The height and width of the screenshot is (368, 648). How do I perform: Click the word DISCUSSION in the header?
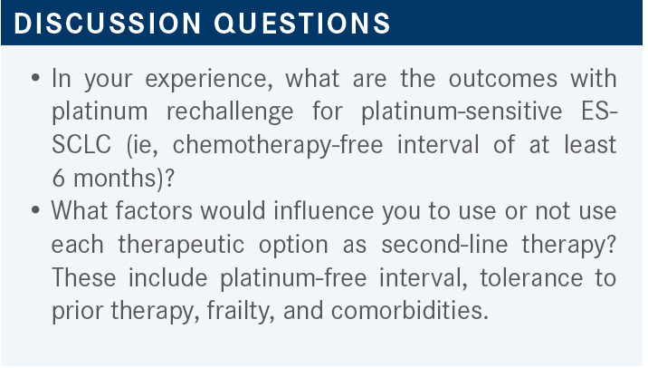[108, 23]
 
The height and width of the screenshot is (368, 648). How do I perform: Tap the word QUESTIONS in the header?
[302, 23]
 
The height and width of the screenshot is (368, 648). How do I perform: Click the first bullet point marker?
[35, 78]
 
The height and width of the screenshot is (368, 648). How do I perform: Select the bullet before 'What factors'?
[35, 210]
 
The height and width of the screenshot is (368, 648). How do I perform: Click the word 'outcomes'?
[503, 79]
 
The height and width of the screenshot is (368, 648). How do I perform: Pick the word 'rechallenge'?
[230, 111]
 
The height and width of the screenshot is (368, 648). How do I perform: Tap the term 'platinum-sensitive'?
[462, 111]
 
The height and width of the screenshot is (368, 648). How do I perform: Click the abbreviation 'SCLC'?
[81, 145]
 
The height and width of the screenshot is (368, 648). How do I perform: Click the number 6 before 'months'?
[59, 179]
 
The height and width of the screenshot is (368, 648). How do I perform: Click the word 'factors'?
[154, 211]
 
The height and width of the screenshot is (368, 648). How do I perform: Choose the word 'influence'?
[324, 211]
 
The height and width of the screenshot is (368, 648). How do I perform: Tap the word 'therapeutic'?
[181, 245]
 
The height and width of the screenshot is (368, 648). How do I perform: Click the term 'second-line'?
[444, 244]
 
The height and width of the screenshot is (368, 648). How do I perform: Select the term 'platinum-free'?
[293, 277]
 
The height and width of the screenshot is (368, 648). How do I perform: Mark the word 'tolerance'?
[530, 277]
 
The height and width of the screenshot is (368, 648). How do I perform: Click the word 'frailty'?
[241, 311]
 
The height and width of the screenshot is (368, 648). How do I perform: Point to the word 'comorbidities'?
[409, 311]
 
